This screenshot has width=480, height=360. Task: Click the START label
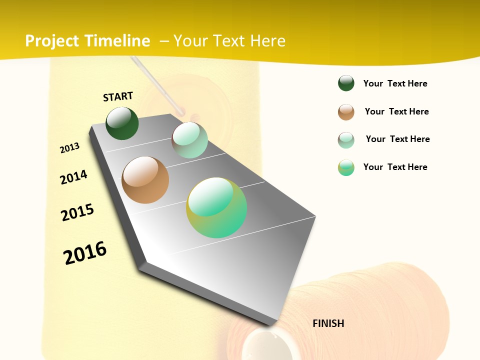[x=118, y=96]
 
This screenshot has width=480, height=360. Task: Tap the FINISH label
[x=328, y=323]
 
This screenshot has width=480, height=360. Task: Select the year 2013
[x=69, y=148]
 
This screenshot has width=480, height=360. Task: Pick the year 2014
[x=73, y=177]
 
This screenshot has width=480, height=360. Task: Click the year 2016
[x=85, y=252]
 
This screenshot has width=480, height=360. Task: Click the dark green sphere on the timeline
[x=122, y=123]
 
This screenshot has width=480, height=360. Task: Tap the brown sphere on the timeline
[x=145, y=180]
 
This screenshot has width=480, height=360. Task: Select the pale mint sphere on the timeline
[x=189, y=140]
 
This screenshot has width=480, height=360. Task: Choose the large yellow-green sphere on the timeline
[x=216, y=207]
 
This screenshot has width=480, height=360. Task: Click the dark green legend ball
[x=346, y=83]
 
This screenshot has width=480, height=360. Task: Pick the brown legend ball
[x=346, y=112]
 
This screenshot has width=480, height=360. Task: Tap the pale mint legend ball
[x=346, y=140]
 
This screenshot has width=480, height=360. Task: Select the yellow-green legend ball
[x=346, y=167]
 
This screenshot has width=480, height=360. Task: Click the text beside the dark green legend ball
[x=395, y=83]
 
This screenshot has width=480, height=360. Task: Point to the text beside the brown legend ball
[x=396, y=111]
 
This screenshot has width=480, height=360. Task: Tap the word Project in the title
[x=51, y=41]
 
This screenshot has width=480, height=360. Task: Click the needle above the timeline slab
[x=155, y=83]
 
